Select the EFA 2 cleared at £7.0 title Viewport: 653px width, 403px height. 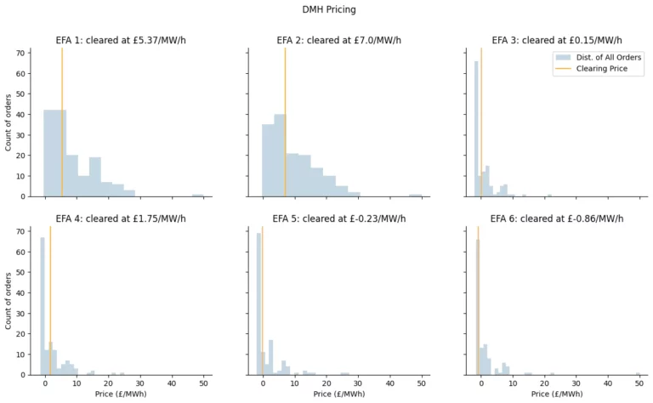(339, 40)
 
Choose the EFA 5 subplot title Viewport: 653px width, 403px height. (339, 219)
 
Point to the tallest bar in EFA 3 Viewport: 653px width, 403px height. (476, 128)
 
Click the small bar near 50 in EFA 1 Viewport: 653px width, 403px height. (197, 195)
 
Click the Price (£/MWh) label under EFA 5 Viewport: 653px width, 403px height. (339, 394)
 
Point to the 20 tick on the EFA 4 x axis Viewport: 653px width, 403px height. (108, 384)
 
